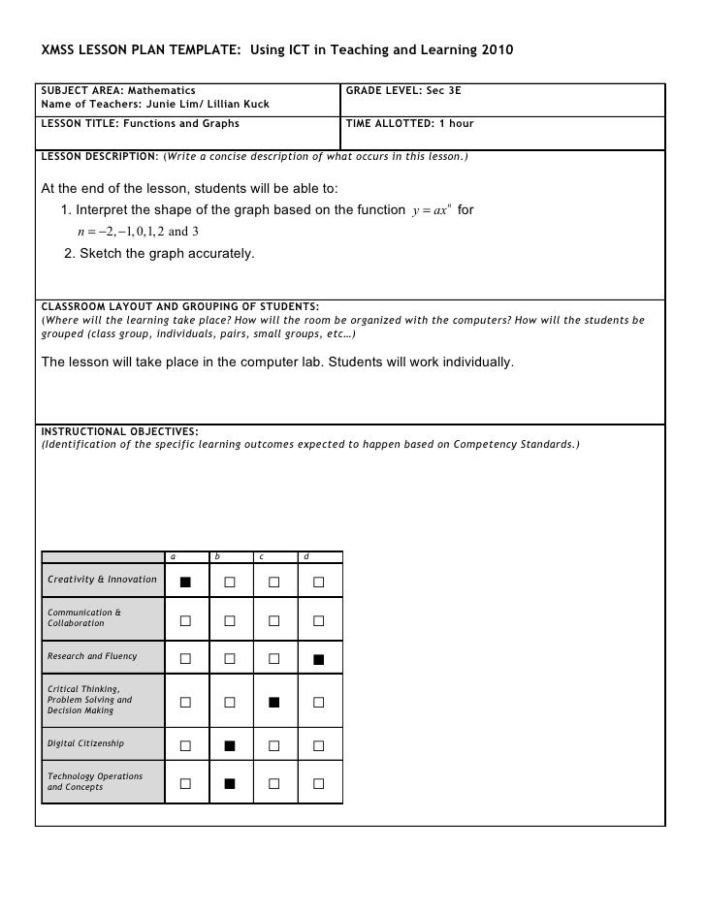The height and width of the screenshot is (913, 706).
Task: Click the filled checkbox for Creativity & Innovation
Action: pyautogui.click(x=185, y=582)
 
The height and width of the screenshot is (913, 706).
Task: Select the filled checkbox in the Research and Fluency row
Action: pyautogui.click(x=318, y=660)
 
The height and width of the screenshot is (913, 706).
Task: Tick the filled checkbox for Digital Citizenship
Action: pyautogui.click(x=230, y=745)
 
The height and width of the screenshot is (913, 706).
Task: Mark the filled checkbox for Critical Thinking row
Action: pyautogui.click(x=274, y=701)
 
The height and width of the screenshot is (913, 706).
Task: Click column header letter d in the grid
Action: pyautogui.click(x=306, y=556)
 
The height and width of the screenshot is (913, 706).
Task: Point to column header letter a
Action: pyautogui.click(x=173, y=556)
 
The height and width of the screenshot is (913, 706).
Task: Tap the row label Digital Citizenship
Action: pyautogui.click(x=86, y=744)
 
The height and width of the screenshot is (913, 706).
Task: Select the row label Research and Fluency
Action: pyautogui.click(x=93, y=656)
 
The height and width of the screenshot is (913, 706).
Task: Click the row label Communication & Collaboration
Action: pyautogui.click(x=84, y=617)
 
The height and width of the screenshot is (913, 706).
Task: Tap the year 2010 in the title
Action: pyautogui.click(x=497, y=48)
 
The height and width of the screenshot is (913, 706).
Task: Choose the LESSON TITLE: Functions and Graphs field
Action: pyautogui.click(x=140, y=124)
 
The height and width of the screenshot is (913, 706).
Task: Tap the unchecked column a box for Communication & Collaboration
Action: pyautogui.click(x=185, y=620)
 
